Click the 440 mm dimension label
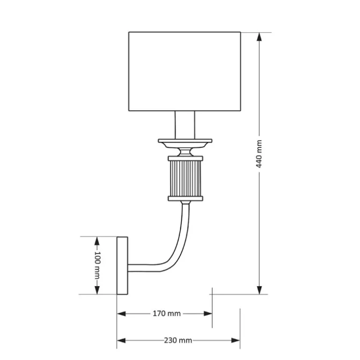[259, 154]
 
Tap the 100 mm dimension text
[98, 265]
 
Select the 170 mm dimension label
[167, 313]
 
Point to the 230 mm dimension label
[178, 340]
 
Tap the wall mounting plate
[122, 266]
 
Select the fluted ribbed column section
[185, 179]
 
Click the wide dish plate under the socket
[185, 143]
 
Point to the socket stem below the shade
[185, 125]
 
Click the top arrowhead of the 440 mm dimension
[259, 37]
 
